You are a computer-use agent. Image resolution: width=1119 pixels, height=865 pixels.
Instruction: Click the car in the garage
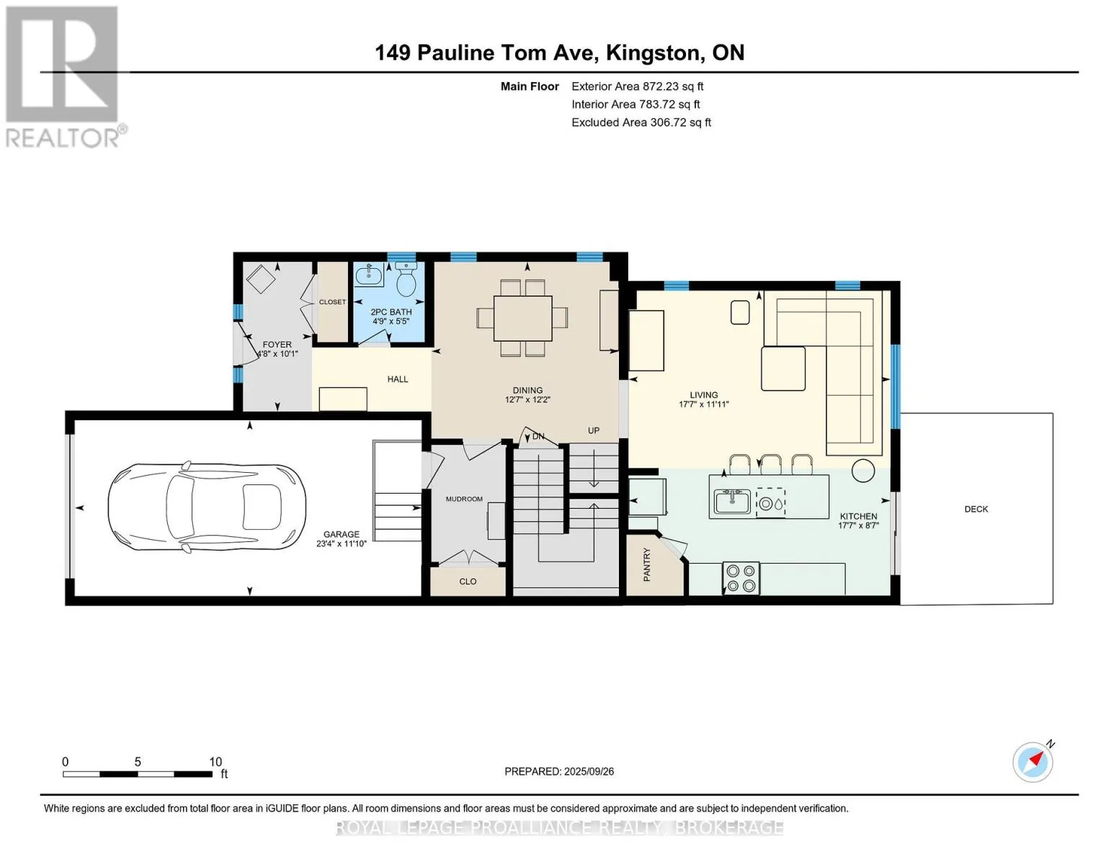(x=207, y=507)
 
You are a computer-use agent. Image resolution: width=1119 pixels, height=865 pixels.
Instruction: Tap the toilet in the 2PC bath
(x=406, y=279)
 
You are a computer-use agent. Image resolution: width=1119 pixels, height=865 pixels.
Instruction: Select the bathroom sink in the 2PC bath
(x=369, y=275)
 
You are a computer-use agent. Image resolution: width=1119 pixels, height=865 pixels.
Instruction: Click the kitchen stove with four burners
(x=741, y=578)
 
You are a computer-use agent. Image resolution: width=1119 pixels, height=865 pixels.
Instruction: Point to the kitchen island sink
(x=732, y=501)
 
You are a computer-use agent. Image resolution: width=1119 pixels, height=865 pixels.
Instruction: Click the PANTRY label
(x=647, y=564)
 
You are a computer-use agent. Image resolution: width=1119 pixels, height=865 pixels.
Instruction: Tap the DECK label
(x=976, y=509)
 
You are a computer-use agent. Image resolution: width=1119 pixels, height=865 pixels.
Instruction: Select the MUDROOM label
(x=464, y=499)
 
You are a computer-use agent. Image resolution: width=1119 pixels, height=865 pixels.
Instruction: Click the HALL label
(x=398, y=379)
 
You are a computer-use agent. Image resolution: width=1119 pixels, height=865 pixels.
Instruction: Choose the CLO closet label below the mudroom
(x=468, y=581)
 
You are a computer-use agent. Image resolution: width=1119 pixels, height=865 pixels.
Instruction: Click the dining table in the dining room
(x=522, y=318)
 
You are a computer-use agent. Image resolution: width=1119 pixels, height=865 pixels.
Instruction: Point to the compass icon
(x=1033, y=761)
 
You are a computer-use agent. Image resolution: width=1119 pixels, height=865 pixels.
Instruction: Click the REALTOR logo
(x=64, y=76)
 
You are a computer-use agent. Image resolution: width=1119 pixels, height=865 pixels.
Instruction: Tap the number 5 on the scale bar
(x=138, y=761)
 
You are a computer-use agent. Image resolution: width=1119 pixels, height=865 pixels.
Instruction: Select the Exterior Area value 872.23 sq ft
(x=672, y=86)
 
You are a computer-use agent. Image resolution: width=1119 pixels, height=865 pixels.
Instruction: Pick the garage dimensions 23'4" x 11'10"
(x=342, y=543)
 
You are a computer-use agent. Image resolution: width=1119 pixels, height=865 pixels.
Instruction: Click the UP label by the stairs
(x=593, y=430)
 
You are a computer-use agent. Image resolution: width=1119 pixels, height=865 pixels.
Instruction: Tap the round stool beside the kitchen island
(x=863, y=471)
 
